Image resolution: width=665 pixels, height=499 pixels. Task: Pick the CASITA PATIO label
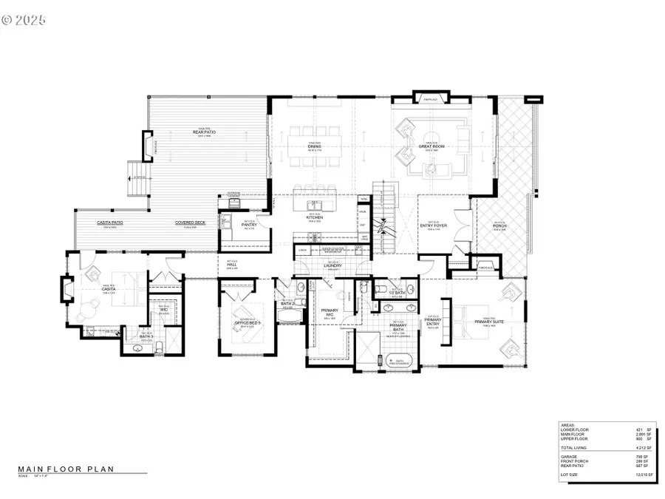coord(109,223)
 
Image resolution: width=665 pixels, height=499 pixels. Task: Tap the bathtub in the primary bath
coord(399,361)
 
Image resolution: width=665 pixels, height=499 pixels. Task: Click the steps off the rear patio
coord(137,177)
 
